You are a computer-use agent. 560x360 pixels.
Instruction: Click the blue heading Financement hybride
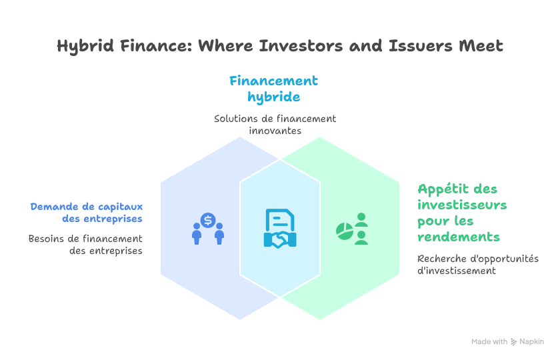[273, 89]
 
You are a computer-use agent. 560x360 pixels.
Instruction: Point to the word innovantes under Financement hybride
[275, 131]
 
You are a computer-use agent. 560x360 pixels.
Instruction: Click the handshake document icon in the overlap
[280, 229]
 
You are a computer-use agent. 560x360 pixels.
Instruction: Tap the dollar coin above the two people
[208, 219]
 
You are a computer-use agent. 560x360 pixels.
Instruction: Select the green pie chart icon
[344, 231]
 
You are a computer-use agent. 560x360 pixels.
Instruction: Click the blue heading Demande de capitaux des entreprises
[86, 212]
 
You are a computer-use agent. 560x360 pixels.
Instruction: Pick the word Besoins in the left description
[45, 238]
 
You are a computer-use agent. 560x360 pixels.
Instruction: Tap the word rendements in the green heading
[459, 237]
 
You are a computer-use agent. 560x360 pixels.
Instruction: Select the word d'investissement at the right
[457, 271]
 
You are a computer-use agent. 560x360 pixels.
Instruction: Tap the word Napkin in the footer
[532, 341]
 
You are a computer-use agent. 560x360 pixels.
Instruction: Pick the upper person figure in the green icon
[361, 219]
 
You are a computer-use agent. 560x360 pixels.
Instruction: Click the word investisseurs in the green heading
[462, 205]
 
